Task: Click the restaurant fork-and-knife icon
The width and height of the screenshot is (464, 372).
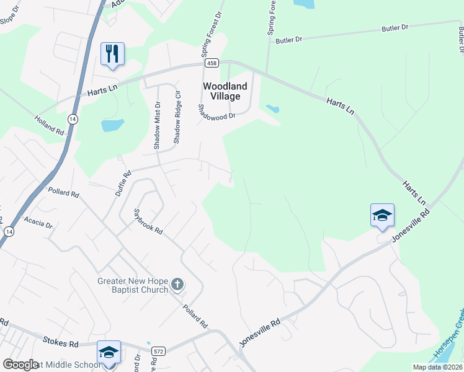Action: coord(112,53)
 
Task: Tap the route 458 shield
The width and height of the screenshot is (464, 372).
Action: coord(212,63)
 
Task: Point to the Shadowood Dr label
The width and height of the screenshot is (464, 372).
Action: coord(216,112)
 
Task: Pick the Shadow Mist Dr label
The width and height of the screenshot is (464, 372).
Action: coord(157,126)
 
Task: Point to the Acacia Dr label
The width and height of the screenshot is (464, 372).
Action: coord(38,222)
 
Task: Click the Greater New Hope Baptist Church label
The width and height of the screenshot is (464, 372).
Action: coord(133,285)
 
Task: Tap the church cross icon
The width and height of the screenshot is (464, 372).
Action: coord(177,285)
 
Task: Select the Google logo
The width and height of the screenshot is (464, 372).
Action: coord(21,364)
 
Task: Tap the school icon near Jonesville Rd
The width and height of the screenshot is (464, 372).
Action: coord(382,215)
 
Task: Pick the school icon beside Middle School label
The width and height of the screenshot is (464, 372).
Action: coord(109,353)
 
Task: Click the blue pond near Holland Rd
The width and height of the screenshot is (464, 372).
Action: coord(112,126)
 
